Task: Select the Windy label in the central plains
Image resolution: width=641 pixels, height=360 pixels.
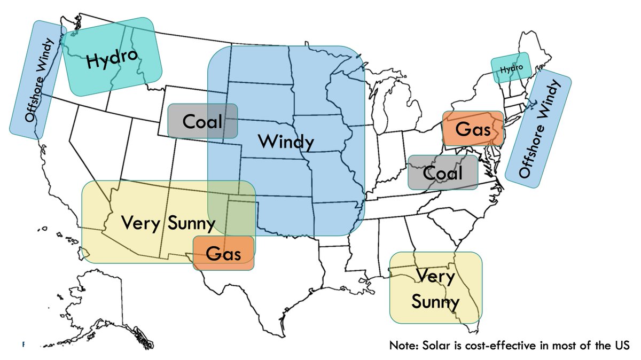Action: click(286, 142)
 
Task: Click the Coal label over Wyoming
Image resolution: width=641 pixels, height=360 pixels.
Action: click(202, 121)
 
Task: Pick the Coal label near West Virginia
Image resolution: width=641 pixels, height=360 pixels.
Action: click(442, 173)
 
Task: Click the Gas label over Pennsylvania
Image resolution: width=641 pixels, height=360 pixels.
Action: click(473, 129)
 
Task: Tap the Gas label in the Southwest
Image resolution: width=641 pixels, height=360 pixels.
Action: click(223, 254)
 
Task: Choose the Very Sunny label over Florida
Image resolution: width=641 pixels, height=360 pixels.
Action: click(436, 289)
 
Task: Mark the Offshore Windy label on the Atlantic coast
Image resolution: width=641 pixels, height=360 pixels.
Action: click(538, 129)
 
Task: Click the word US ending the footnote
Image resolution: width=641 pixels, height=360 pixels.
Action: click(622, 345)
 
